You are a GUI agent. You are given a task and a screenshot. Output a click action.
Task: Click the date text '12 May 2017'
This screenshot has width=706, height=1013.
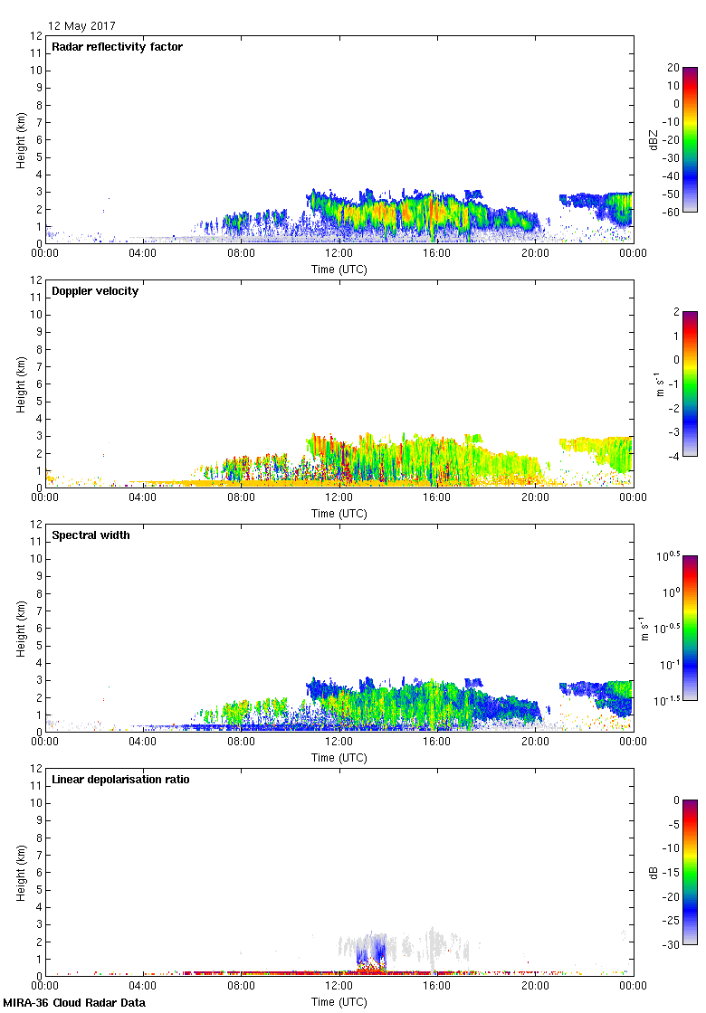[81, 26]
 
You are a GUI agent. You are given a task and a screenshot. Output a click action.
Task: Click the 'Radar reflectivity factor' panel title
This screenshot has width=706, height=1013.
[117, 47]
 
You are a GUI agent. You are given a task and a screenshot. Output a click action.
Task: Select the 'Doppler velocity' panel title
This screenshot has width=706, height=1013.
[95, 291]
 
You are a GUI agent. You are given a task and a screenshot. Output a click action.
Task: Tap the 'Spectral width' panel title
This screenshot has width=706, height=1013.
[91, 535]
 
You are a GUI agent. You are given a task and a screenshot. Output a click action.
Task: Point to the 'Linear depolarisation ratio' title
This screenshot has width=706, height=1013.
[120, 780]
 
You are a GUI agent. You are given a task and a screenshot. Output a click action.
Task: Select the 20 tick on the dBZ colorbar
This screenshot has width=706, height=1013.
[673, 68]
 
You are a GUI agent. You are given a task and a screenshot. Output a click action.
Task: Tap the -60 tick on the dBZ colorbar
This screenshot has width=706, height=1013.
[671, 212]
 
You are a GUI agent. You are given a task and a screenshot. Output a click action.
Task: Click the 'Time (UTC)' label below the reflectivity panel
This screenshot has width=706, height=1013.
[339, 269]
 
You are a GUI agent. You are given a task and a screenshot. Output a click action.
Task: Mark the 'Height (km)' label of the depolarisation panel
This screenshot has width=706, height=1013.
[20, 872]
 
